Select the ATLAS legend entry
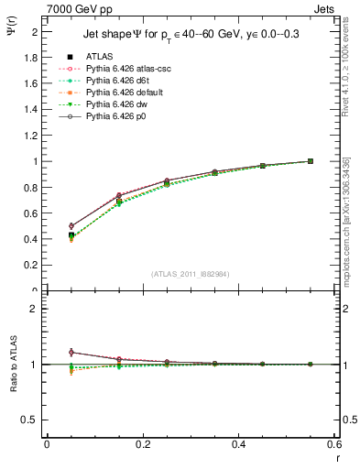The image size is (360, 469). [99, 57]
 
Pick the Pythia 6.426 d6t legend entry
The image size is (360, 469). [118, 81]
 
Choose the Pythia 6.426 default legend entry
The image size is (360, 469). [125, 93]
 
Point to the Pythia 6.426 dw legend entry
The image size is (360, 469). [117, 104]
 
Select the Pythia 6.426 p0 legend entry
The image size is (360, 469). [117, 116]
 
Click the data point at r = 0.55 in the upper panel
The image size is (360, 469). [311, 161]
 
